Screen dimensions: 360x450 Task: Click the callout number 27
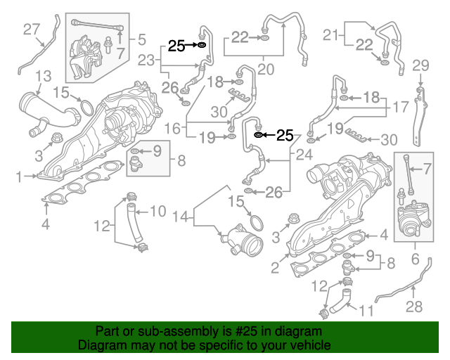click(32, 29)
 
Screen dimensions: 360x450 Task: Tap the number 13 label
click(43, 75)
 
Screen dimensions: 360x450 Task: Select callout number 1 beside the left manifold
click(20, 177)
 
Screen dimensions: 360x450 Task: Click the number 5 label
click(141, 39)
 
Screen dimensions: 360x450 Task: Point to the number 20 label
click(265, 69)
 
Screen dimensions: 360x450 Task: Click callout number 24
click(304, 154)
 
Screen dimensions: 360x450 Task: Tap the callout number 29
click(420, 65)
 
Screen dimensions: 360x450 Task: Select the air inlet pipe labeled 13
click(42, 109)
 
